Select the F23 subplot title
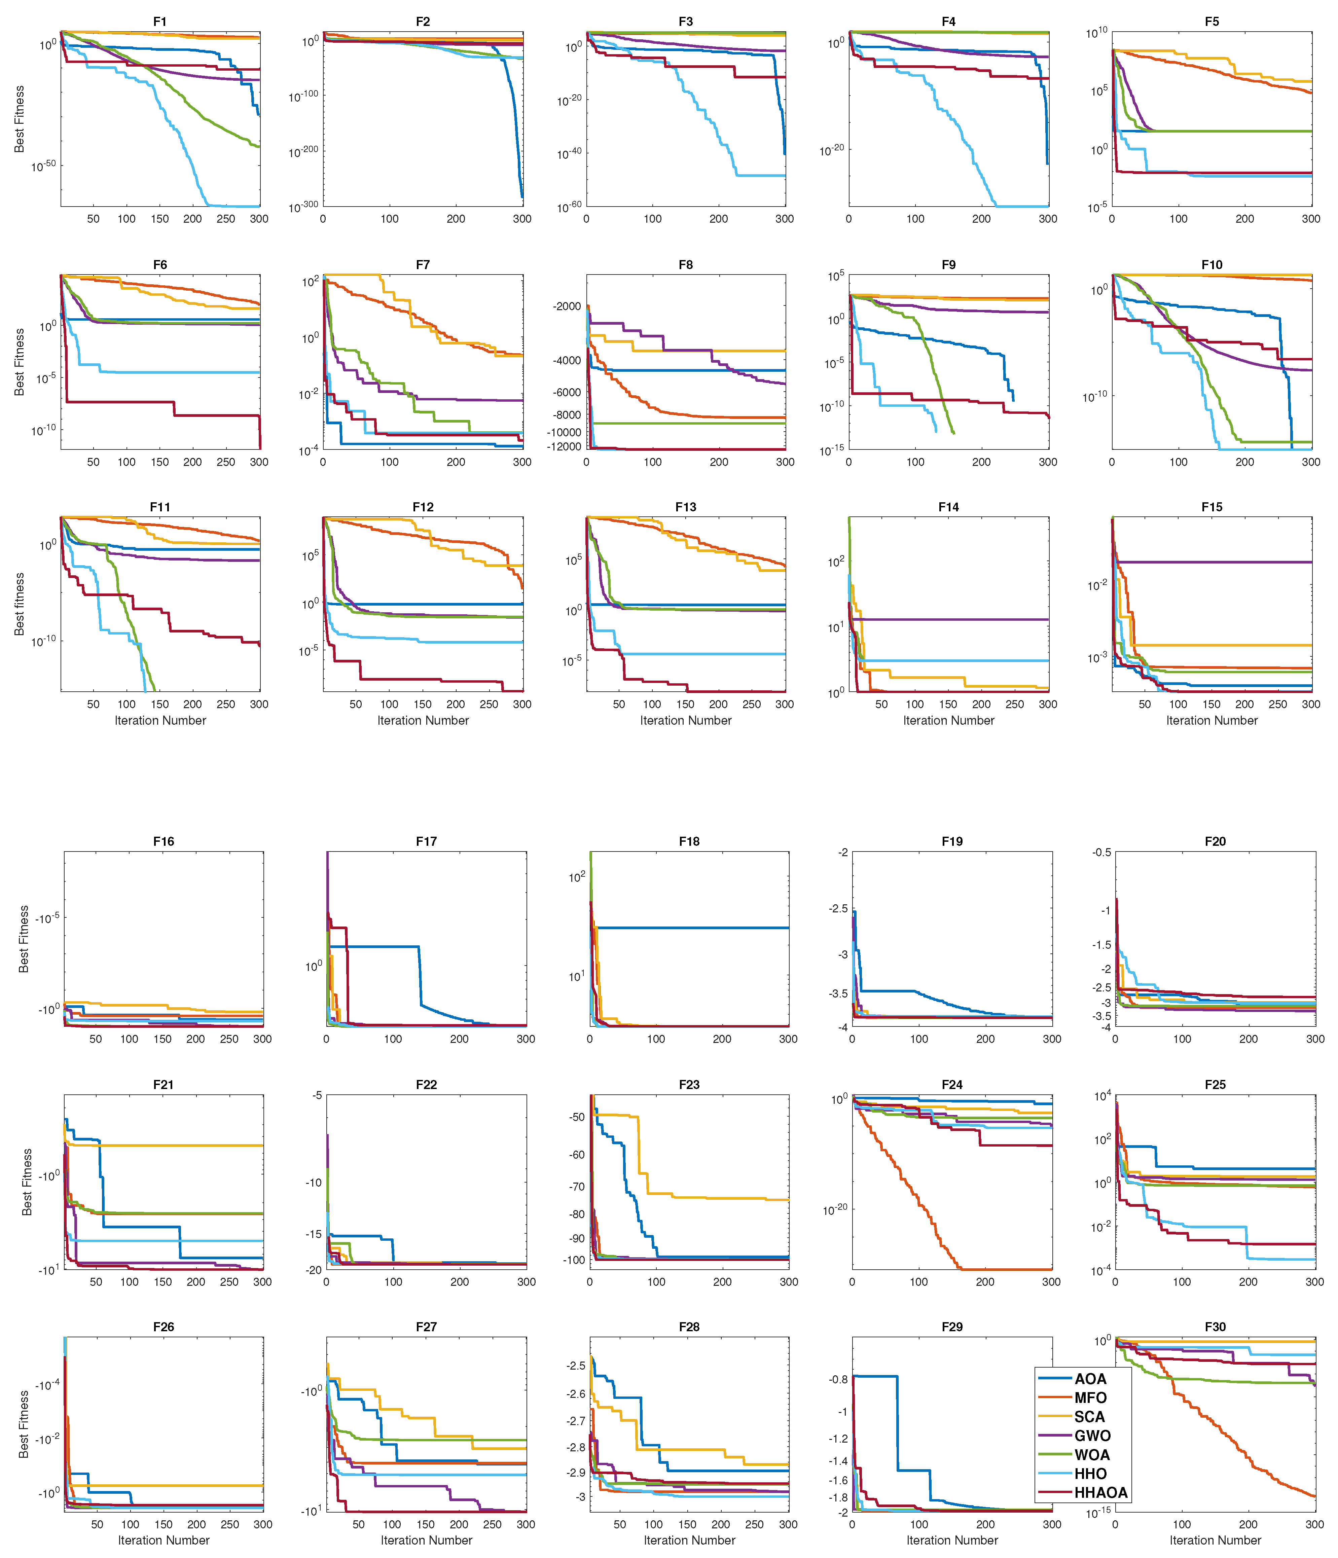click(689, 1084)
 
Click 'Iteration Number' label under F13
click(685, 720)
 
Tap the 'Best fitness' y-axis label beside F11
click(20, 604)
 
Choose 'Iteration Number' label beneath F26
click(163, 1540)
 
